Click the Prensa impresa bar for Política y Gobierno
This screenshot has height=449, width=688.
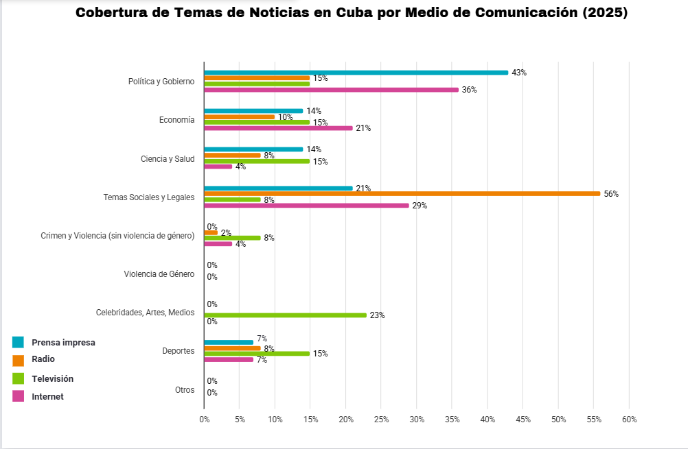(x=356, y=73)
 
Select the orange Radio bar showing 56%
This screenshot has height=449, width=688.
(x=402, y=194)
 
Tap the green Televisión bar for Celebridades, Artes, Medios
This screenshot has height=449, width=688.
(x=285, y=315)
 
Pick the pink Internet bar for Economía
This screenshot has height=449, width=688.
(x=278, y=128)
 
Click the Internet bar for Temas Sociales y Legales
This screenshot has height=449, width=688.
(x=306, y=205)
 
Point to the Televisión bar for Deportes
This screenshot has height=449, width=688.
(x=257, y=354)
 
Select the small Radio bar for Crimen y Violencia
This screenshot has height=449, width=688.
(x=211, y=232)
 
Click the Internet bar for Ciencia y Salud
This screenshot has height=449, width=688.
(x=218, y=167)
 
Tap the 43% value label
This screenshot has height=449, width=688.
(x=519, y=73)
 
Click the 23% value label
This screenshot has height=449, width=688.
(x=377, y=315)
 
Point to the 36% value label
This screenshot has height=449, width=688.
(x=469, y=90)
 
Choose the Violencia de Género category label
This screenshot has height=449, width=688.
(x=159, y=274)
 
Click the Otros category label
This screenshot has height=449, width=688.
(x=185, y=390)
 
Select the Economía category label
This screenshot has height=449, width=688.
(x=176, y=120)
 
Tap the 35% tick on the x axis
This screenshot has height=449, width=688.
(x=452, y=419)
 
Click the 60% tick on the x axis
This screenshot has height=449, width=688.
(x=629, y=419)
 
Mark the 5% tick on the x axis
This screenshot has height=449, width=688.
(x=239, y=419)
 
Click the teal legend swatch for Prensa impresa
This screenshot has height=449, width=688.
(x=19, y=342)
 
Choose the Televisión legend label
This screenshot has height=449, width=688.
(x=52, y=378)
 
